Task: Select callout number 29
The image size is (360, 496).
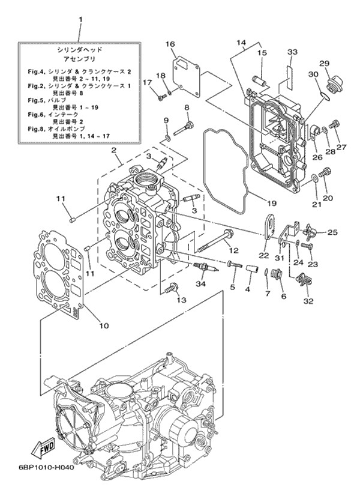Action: click(x=324, y=64)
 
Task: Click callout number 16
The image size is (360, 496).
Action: click(x=170, y=44)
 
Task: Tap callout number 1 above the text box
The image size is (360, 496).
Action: click(x=80, y=19)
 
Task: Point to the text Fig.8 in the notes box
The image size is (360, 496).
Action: click(x=37, y=129)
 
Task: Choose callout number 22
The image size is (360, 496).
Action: click(x=263, y=255)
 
